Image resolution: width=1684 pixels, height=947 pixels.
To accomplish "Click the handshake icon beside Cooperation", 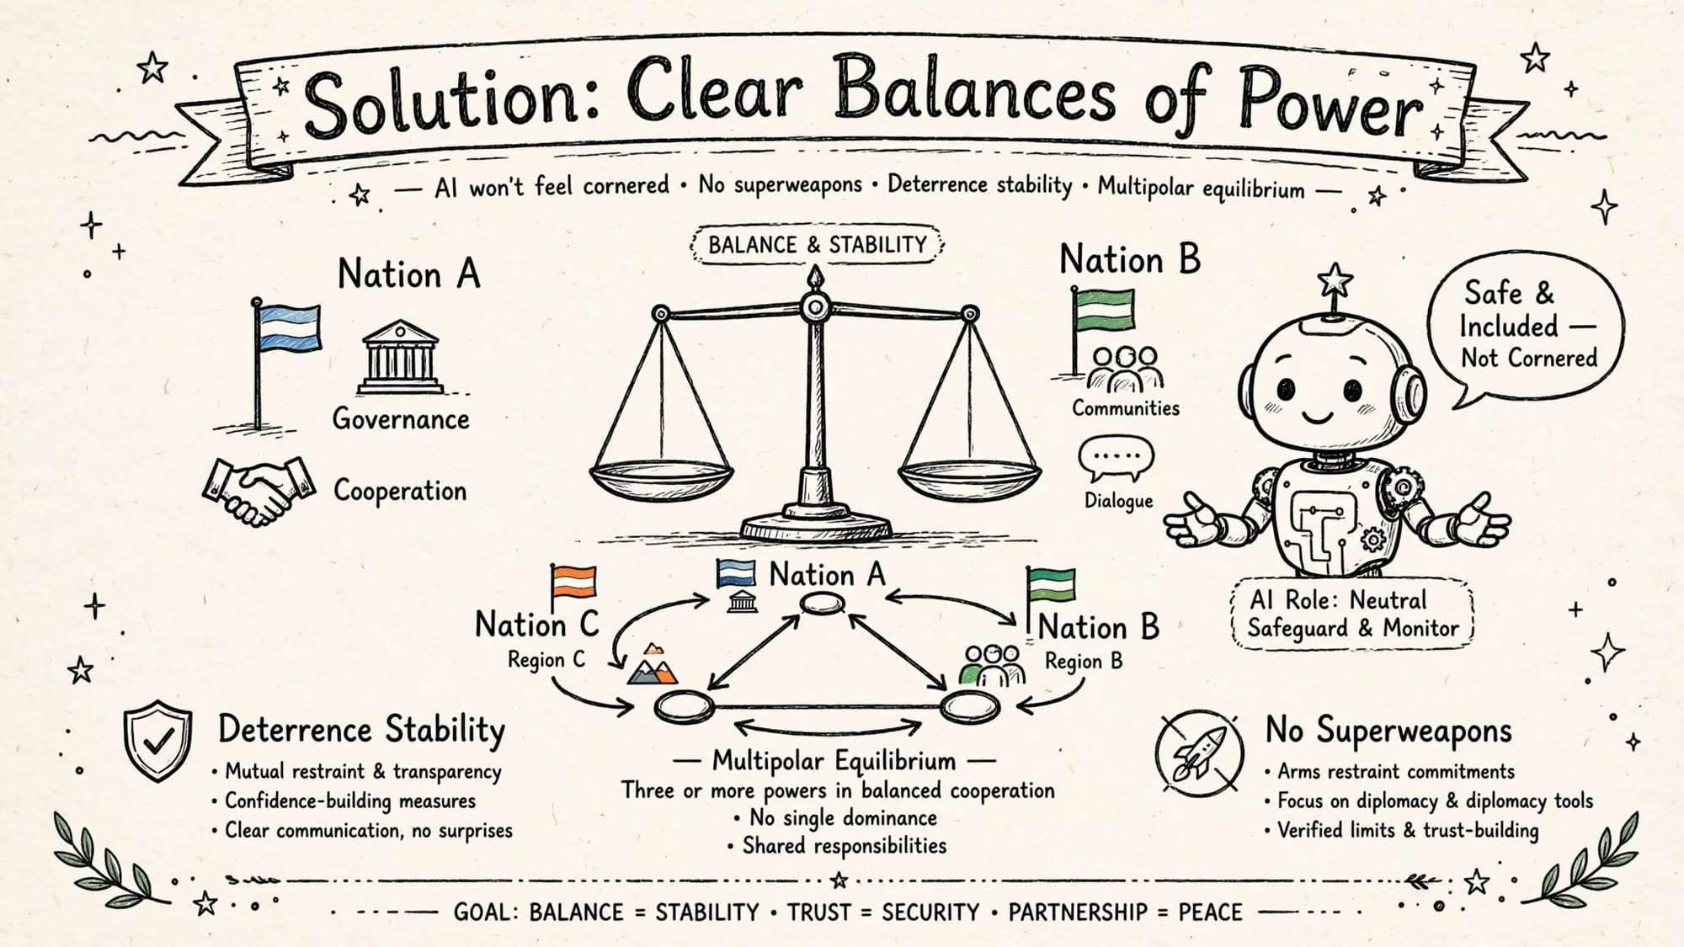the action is [258, 491].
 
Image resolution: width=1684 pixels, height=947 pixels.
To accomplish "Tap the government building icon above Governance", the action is [400, 356].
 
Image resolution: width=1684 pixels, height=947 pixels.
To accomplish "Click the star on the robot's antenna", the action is [1335, 280].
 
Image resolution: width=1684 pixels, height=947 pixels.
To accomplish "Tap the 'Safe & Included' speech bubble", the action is [1524, 328].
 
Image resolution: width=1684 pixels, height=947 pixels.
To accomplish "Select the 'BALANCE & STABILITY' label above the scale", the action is [816, 245].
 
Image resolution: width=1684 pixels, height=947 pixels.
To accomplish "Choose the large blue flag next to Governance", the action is [289, 328].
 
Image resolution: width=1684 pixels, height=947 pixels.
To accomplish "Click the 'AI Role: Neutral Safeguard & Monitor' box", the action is [1353, 614].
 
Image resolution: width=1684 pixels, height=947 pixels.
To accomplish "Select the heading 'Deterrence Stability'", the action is [361, 730].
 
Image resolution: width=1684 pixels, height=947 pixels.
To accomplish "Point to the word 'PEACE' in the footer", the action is [1210, 912].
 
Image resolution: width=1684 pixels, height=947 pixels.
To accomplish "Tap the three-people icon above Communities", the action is [1125, 369].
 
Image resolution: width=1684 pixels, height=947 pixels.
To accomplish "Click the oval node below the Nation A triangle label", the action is [822, 603].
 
